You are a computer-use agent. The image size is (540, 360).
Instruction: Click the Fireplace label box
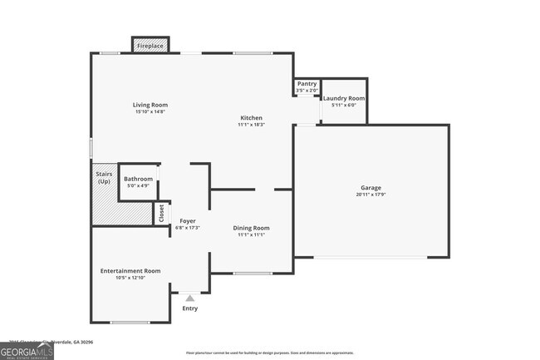click(150, 46)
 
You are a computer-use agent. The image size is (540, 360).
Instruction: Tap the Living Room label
click(150, 105)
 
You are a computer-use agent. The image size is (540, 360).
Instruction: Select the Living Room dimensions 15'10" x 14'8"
click(150, 112)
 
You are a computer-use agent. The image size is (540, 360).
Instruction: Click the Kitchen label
click(251, 117)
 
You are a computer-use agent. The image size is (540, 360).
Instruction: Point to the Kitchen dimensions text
click(251, 125)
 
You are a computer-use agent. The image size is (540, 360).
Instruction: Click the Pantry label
click(307, 83)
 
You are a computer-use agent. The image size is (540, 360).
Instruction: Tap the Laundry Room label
click(344, 98)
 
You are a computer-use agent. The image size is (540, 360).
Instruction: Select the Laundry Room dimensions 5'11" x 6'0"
click(344, 106)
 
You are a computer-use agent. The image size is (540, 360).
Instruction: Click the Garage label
click(371, 188)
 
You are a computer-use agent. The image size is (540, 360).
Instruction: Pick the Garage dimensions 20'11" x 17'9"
click(371, 195)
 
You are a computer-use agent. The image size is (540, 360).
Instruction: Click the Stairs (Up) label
click(104, 178)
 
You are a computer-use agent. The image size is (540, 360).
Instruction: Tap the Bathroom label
click(138, 179)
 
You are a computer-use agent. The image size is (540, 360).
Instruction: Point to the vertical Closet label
click(161, 213)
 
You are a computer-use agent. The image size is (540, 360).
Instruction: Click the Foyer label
click(188, 220)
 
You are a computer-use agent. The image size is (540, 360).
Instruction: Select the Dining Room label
click(251, 228)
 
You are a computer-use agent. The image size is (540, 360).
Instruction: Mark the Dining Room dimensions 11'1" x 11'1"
click(251, 235)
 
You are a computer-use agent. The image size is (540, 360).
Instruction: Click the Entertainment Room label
click(130, 271)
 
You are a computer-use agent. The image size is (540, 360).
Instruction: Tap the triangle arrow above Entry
click(190, 298)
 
